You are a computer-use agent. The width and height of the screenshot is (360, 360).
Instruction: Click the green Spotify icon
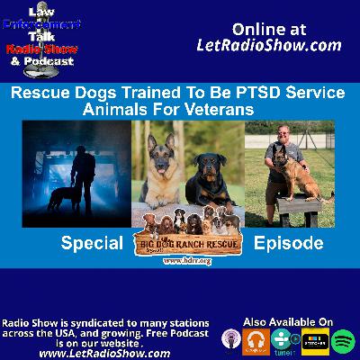point(343,341)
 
